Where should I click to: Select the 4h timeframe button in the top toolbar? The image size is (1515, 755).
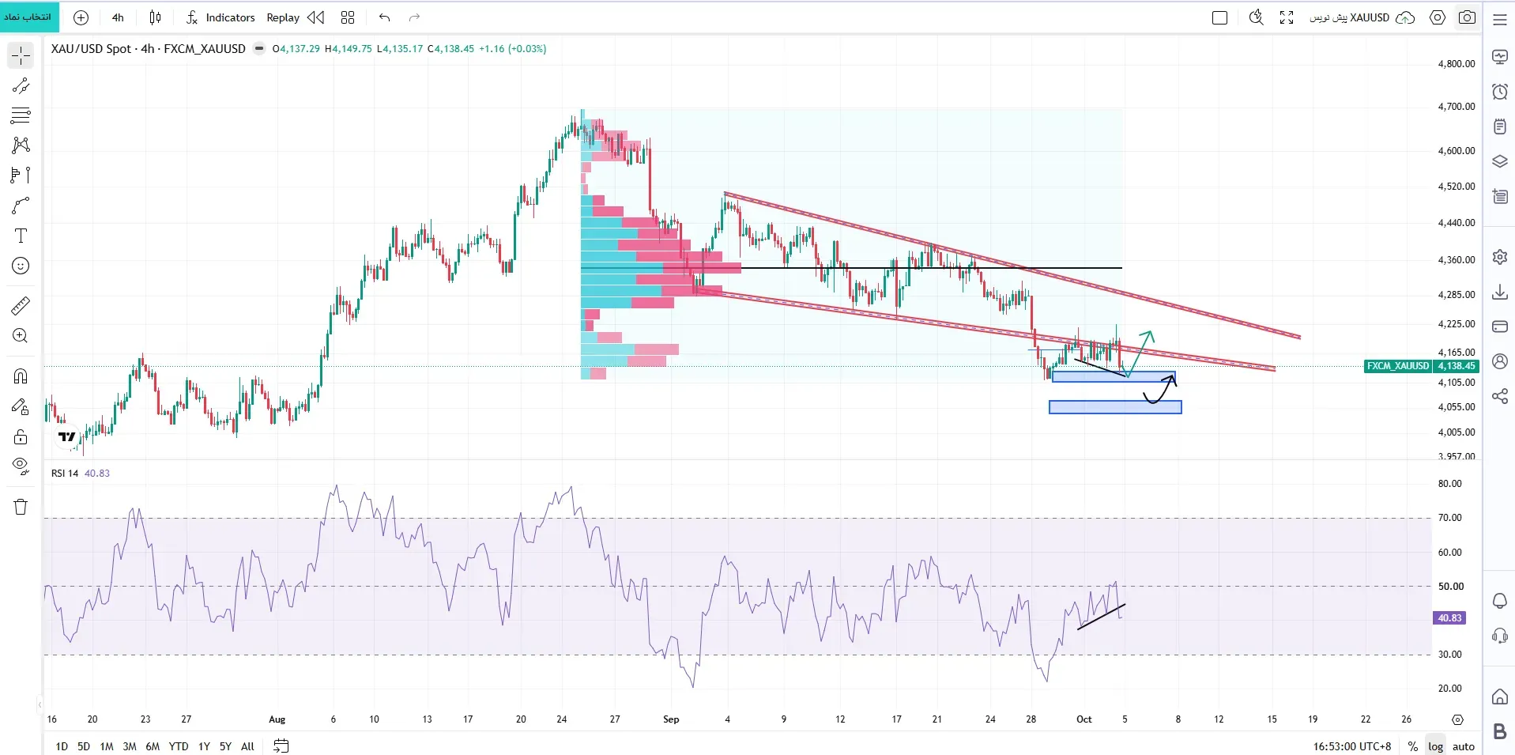click(118, 17)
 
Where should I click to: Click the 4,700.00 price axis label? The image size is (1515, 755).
click(1456, 107)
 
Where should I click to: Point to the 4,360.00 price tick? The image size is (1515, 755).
click(1456, 259)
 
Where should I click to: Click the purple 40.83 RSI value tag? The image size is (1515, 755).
click(1449, 618)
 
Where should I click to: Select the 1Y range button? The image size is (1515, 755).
click(204, 746)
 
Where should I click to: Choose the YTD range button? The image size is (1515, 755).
click(179, 746)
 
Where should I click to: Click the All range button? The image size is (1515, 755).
click(247, 746)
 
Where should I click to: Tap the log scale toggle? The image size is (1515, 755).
click(1435, 746)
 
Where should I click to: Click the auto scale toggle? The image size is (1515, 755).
click(1464, 746)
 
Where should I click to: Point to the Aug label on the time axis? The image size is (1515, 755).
click(277, 719)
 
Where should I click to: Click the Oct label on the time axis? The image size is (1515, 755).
click(1084, 719)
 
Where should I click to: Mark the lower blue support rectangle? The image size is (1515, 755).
click(1115, 407)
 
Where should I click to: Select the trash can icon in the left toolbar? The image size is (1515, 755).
click(21, 507)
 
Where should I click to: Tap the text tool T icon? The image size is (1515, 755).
click(21, 236)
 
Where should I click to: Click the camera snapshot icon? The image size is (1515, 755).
click(1468, 17)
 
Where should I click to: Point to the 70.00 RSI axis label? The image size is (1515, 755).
click(1450, 518)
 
